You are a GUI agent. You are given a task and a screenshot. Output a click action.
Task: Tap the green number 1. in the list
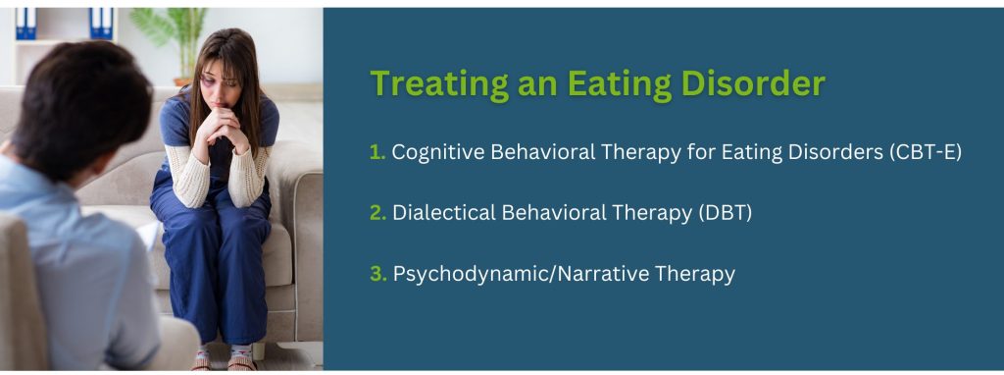click(x=377, y=153)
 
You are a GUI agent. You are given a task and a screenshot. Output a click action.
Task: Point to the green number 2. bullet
click(x=377, y=213)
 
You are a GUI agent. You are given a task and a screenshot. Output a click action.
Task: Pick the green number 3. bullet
click(x=377, y=274)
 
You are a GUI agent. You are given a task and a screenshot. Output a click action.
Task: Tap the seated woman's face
click(x=217, y=86)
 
